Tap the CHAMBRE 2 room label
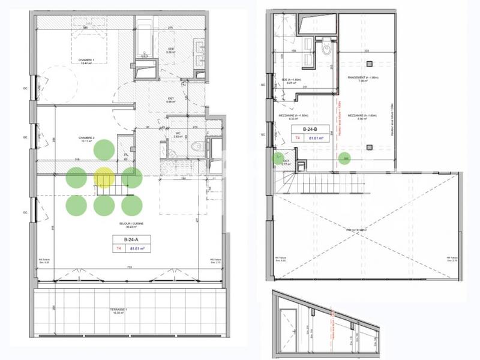pyautogui.click(x=88, y=140)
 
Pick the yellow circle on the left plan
pyautogui.click(x=104, y=178)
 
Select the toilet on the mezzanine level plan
pyautogui.click(x=328, y=50)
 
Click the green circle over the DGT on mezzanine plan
pyautogui.click(x=278, y=159)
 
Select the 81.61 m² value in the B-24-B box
pyautogui.click(x=316, y=137)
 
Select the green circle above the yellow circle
pyautogui.click(x=104, y=150)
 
